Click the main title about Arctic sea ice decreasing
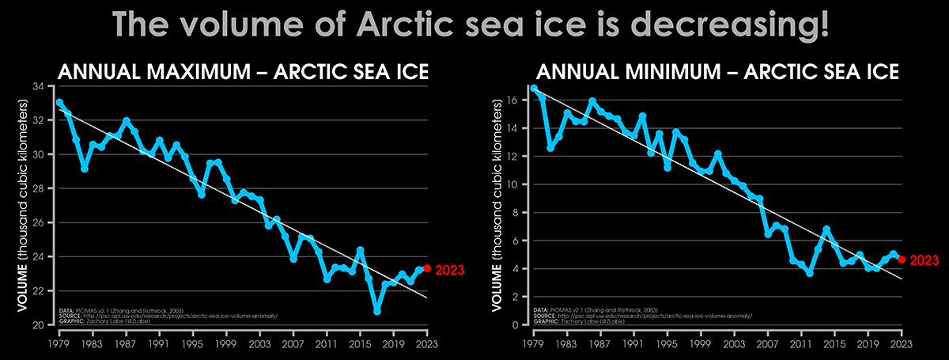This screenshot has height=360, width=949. (x=474, y=25)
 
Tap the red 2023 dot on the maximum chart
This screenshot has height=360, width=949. (x=428, y=268)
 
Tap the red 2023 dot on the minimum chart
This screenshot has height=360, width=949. (x=902, y=259)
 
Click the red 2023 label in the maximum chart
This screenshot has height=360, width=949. (x=448, y=269)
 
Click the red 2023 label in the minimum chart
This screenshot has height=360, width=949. (x=922, y=260)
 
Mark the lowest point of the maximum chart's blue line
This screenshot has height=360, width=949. (x=377, y=312)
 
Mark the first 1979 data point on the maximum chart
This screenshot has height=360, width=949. (x=59, y=102)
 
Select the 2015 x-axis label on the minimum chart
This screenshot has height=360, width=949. (x=835, y=344)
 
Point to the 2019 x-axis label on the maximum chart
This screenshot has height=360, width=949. (x=394, y=344)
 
